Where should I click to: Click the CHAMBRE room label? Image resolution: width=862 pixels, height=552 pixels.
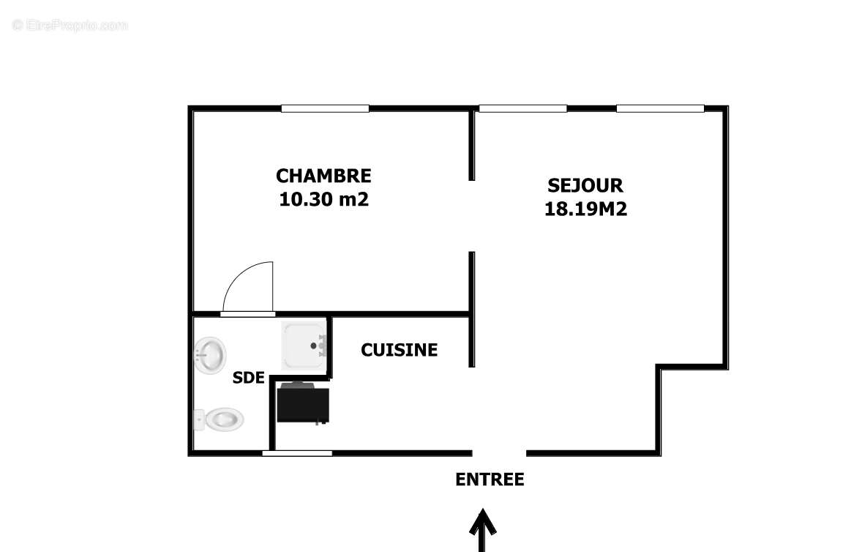(x=323, y=176)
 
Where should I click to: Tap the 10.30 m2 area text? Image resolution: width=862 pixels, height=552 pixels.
(x=323, y=199)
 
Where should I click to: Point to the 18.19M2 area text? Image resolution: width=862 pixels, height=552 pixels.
(x=585, y=209)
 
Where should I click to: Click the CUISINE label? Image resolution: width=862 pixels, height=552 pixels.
(x=399, y=351)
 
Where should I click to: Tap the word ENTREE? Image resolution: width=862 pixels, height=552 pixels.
(x=490, y=480)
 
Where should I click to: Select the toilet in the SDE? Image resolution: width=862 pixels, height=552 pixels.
(x=221, y=420)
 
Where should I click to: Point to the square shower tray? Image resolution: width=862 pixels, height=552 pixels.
(x=303, y=344)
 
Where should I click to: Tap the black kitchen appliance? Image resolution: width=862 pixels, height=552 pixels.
(x=303, y=403)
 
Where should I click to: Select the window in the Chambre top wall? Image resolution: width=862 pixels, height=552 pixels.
(x=325, y=109)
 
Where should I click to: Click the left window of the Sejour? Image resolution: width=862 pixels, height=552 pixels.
(x=522, y=109)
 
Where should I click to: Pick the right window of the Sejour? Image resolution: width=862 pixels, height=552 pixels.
(x=660, y=109)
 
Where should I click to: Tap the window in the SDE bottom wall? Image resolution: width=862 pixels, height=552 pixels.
(x=297, y=454)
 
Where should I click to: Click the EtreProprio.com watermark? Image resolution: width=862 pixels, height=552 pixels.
(x=70, y=26)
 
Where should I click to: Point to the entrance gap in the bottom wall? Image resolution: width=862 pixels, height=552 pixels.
(x=499, y=453)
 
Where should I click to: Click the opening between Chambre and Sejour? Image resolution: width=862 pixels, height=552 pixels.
(x=472, y=216)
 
